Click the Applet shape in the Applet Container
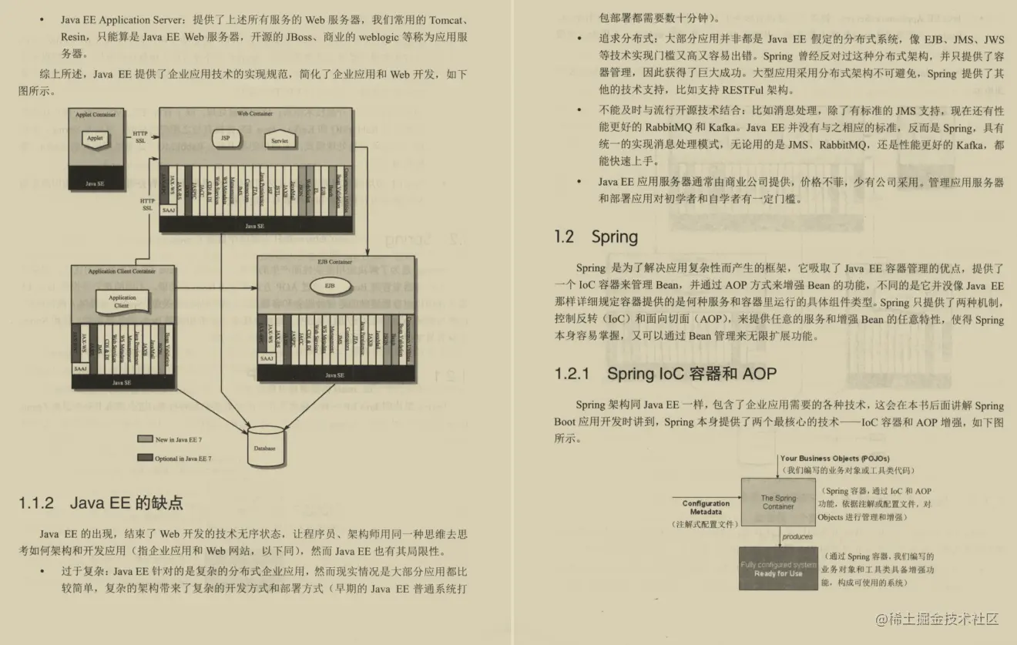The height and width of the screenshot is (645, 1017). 95,139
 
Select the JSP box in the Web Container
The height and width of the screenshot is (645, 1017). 225,138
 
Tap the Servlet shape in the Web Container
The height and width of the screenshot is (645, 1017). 280,141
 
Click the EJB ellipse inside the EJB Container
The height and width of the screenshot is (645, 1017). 329,286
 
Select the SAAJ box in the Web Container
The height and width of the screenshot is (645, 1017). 169,210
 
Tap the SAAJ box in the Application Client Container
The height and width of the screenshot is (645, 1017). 81,369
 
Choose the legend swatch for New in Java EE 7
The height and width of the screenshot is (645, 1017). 145,439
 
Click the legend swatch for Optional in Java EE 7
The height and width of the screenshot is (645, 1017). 145,458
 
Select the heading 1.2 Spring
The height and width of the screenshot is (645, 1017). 596,237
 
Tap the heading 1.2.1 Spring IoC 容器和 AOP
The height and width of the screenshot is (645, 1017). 665,375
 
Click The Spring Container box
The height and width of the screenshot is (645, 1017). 778,502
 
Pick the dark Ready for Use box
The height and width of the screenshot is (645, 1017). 778,569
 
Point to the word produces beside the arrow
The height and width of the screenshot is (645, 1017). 797,537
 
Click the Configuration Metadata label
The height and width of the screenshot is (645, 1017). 706,508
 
